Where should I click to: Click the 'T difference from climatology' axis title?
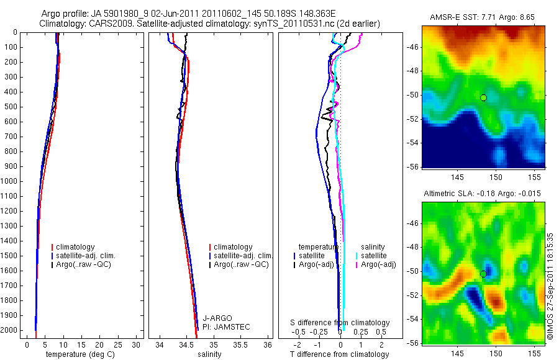tap(339, 354)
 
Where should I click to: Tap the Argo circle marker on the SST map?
tap(483, 97)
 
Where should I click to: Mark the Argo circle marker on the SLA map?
tap(483, 274)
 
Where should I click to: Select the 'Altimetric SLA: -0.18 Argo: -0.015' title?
tap(482, 194)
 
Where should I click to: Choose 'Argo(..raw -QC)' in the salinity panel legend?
tap(241, 264)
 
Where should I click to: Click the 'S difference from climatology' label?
tap(340, 323)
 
